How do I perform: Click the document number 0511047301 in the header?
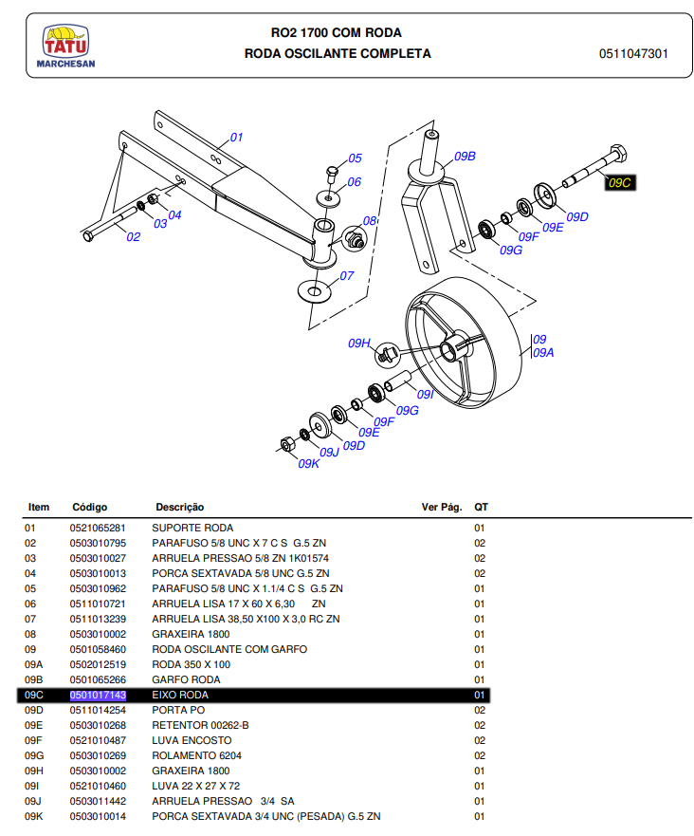pyautogui.click(x=633, y=54)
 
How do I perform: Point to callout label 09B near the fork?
pyautogui.click(x=464, y=156)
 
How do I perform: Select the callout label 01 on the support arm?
pyautogui.click(x=236, y=138)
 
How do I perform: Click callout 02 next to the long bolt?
pyautogui.click(x=134, y=237)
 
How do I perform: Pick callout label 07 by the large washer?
pyautogui.click(x=346, y=276)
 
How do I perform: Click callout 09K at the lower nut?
pyautogui.click(x=309, y=464)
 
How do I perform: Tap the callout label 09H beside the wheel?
pyautogui.click(x=358, y=343)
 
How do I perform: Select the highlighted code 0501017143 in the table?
pyautogui.click(x=98, y=696)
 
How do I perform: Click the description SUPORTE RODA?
pyautogui.click(x=192, y=528)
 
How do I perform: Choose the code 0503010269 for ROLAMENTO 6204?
pyautogui.click(x=98, y=755)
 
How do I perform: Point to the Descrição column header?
pyautogui.click(x=179, y=508)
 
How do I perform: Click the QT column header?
pyautogui.click(x=481, y=508)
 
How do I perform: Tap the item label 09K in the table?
pyautogui.click(x=34, y=816)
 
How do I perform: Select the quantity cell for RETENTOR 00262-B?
pyautogui.click(x=480, y=725)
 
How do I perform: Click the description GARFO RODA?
pyautogui.click(x=186, y=679)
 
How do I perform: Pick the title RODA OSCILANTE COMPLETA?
pyautogui.click(x=338, y=54)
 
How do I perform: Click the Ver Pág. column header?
pyautogui.click(x=440, y=508)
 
